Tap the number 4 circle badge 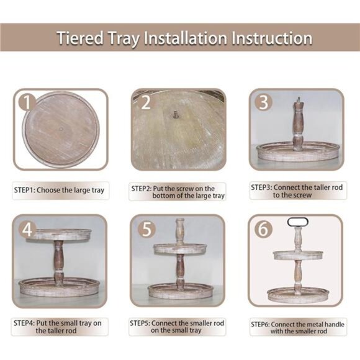(x=27, y=228)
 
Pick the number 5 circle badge (x=145, y=228)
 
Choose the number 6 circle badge (x=263, y=228)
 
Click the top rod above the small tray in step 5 (x=179, y=232)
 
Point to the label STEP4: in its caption (x=24, y=323)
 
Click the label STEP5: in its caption (x=142, y=323)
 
